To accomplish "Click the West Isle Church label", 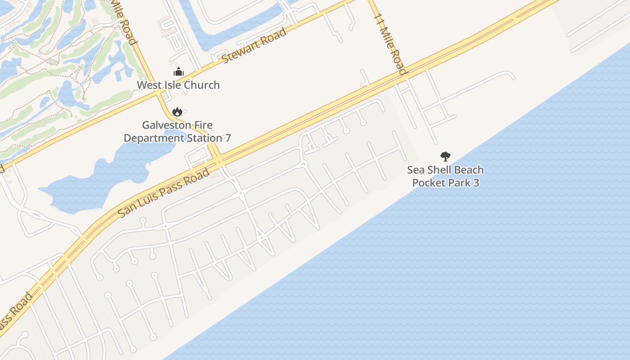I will tap(178, 85).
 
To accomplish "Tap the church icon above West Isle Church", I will tap(179, 72).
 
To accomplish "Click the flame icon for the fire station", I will tap(177, 112).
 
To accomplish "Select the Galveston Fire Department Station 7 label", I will tap(177, 131).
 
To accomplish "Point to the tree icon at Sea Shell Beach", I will tap(445, 157).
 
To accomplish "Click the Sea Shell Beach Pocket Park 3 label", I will tap(445, 176).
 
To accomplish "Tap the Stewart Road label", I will tap(254, 46).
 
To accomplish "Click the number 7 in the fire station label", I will tap(228, 138).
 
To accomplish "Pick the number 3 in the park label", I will tap(476, 183).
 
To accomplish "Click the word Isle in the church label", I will tap(171, 85).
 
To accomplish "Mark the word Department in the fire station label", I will tap(153, 138).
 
